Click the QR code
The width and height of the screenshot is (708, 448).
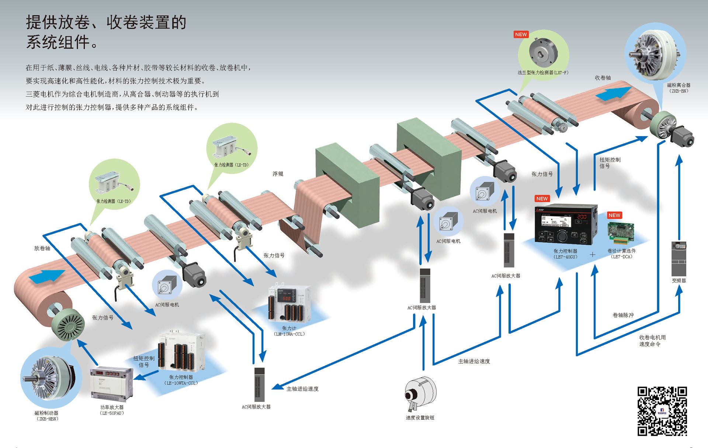point(662,411)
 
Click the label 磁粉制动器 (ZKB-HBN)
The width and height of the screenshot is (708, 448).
point(46,416)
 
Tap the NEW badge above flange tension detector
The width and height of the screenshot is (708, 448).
point(521,34)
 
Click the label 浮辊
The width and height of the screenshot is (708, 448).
point(278,174)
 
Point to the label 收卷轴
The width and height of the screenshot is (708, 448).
point(603,78)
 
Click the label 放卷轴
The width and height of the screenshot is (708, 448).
point(42,248)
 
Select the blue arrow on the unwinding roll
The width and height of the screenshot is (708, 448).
point(47,276)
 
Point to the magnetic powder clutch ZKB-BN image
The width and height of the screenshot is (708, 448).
point(655,52)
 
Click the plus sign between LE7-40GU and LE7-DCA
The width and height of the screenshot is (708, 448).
point(593,254)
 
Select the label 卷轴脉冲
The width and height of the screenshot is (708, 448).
point(623,315)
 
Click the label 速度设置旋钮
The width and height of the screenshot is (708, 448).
point(420,418)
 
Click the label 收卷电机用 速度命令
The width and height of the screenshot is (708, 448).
point(652,341)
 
